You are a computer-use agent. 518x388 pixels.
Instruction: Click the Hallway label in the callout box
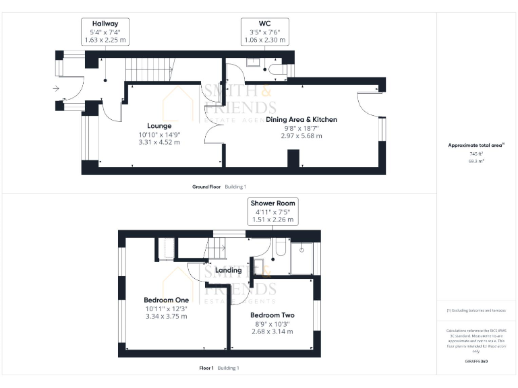[x=105, y=23]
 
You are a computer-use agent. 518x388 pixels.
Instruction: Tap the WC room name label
[x=264, y=23]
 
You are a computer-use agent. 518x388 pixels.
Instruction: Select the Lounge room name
[x=159, y=125]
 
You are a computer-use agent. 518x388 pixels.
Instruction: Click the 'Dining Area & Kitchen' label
[x=301, y=119]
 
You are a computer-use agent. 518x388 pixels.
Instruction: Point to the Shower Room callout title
[x=272, y=203]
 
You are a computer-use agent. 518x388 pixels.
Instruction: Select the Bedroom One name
[x=167, y=300]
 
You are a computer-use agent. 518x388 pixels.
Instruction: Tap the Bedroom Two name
[x=272, y=315]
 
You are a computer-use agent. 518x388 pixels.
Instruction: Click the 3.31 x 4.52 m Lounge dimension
[x=159, y=142]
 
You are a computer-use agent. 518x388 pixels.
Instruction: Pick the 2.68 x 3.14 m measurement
[x=272, y=331]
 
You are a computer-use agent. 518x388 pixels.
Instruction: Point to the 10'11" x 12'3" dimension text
[x=167, y=309]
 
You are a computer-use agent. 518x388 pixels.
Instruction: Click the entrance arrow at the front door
[x=55, y=88]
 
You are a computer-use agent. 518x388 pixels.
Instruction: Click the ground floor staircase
[x=150, y=68]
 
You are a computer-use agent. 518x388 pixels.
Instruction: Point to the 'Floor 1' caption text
[x=206, y=368]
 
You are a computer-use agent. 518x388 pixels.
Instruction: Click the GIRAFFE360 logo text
[x=476, y=362]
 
